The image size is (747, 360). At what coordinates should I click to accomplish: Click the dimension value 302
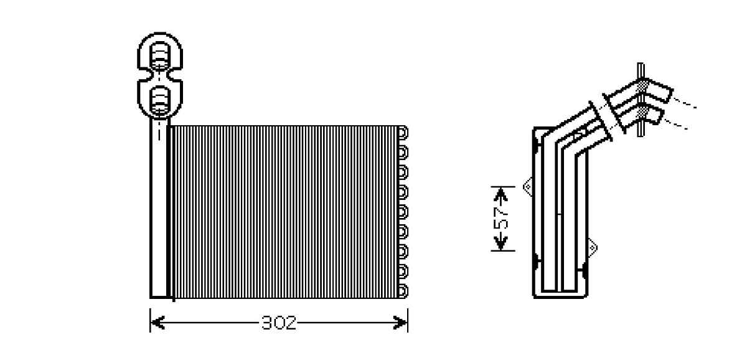pos(279,323)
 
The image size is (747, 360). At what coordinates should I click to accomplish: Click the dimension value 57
pos(501,219)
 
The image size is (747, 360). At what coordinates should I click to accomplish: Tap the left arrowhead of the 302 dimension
pos(157,323)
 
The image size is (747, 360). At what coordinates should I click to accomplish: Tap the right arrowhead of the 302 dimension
pos(400,323)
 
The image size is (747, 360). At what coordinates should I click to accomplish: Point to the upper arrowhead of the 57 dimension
pos(500,194)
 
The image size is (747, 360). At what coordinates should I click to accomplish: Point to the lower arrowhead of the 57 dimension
pos(500,243)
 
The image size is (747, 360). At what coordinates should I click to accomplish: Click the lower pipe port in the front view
pos(160,100)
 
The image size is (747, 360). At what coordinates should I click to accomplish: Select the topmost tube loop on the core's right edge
pos(403,133)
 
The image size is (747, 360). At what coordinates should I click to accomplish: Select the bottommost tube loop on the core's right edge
pos(403,291)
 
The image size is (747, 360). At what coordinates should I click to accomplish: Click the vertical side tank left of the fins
pos(159,207)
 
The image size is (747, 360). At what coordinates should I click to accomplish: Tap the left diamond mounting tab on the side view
pos(528,187)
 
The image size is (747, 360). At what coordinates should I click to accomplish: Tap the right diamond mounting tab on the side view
pos(592,248)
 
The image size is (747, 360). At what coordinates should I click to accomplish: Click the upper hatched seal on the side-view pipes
pos(641,87)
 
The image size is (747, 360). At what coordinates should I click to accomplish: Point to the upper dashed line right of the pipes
pos(684,103)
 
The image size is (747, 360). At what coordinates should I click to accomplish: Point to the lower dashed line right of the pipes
pos(675,125)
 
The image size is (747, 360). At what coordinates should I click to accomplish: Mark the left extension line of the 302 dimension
pos(150,320)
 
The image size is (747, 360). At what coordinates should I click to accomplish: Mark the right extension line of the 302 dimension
pos(408,320)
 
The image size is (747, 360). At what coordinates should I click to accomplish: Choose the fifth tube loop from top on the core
pos(403,212)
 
